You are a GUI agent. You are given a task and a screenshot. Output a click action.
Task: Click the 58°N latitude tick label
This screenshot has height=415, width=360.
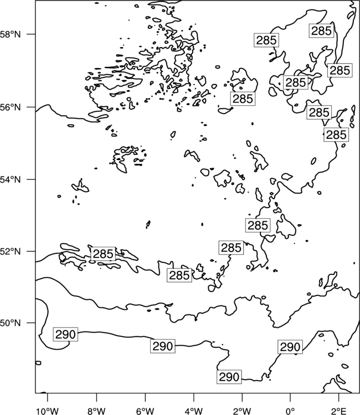pyautogui.click(x=11, y=34)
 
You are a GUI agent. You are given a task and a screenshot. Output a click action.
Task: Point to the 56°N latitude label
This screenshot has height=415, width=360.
pyautogui.click(x=11, y=107)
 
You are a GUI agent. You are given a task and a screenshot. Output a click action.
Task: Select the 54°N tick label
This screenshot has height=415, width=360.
pyautogui.click(x=11, y=180)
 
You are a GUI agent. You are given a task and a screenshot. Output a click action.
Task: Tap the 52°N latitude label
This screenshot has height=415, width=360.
pyautogui.click(x=11, y=251)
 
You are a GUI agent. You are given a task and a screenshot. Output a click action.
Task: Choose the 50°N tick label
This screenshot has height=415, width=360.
pyautogui.click(x=11, y=323)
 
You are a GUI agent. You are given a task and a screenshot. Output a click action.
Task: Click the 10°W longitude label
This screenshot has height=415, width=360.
pyautogui.click(x=48, y=411)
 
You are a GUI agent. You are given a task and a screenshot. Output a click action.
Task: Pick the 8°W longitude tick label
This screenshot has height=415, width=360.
pyautogui.click(x=96, y=411)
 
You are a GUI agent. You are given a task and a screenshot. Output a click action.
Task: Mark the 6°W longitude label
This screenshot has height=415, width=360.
pyautogui.click(x=145, y=411)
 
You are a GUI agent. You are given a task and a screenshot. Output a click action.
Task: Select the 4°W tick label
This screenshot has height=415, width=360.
pyautogui.click(x=193, y=411)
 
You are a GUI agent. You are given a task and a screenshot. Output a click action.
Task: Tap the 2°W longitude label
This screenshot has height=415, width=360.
pyautogui.click(x=242, y=411)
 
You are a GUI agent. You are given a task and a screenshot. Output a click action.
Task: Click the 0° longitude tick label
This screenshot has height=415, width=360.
pyautogui.click(x=290, y=411)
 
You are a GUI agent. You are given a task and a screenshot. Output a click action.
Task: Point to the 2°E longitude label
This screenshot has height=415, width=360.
pyautogui.click(x=339, y=411)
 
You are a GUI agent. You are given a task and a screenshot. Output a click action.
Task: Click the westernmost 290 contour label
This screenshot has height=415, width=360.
pyautogui.click(x=65, y=334)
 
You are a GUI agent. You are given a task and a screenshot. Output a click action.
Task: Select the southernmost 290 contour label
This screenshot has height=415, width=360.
pyautogui.click(x=229, y=377)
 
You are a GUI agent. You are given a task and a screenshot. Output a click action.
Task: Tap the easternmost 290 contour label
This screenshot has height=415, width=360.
pyautogui.click(x=290, y=347)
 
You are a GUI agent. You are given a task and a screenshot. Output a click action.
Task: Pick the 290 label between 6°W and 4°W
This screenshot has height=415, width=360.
pyautogui.click(x=163, y=346)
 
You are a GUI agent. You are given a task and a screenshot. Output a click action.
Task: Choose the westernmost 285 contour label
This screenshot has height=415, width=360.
pyautogui.click(x=104, y=254)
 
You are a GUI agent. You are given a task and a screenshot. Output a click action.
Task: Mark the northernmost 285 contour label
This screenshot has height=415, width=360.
pyautogui.click(x=321, y=30)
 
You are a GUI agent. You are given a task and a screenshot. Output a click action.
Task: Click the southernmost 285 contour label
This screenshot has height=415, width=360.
pyautogui.click(x=179, y=275)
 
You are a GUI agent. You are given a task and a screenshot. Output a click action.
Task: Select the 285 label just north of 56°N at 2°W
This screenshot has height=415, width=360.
pyautogui.click(x=243, y=98)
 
